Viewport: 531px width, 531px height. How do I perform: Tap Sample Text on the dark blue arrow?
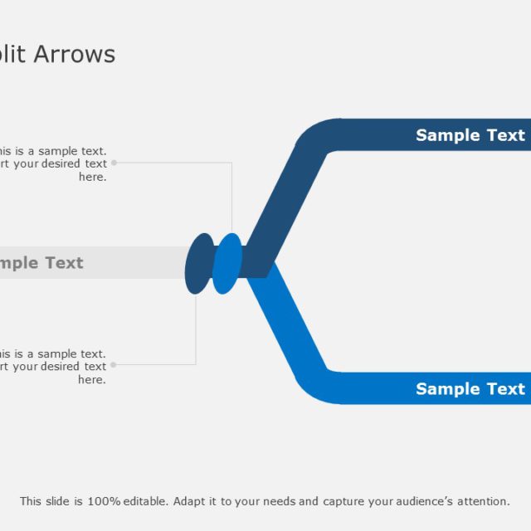click(470, 135)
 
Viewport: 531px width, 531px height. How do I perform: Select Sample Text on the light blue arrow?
click(470, 389)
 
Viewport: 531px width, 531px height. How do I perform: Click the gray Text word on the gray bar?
click(64, 263)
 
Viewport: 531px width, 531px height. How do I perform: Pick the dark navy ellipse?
click(198, 264)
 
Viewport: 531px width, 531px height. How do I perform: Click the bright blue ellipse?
click(227, 264)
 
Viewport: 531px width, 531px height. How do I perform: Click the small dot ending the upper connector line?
click(114, 163)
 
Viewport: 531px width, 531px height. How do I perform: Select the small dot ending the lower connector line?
click(114, 364)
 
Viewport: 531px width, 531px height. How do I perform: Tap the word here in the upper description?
click(92, 177)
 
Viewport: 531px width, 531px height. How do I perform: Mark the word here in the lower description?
click(92, 379)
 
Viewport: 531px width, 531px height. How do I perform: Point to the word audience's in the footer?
click(417, 501)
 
